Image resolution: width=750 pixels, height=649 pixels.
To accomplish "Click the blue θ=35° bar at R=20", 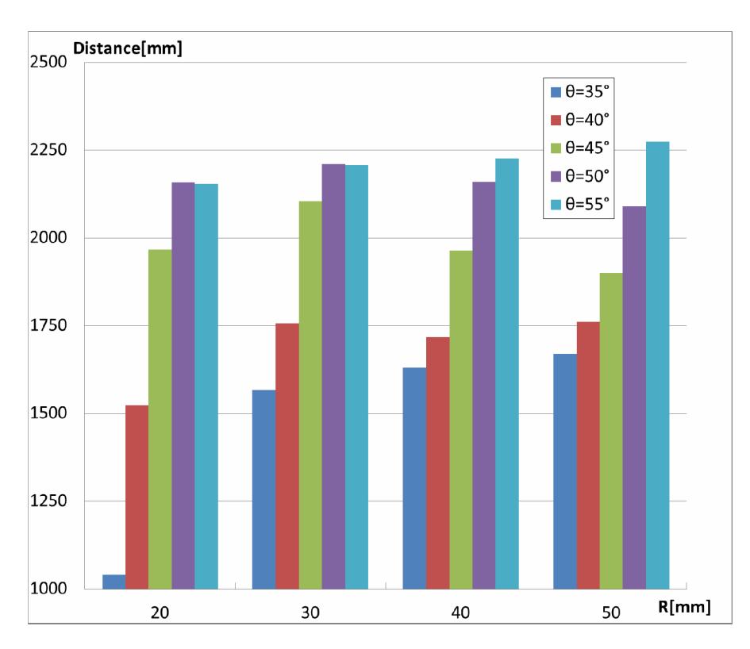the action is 113,582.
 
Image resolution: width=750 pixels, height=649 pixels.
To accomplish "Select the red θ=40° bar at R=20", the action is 137,497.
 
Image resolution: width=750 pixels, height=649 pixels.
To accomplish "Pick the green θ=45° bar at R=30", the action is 310,395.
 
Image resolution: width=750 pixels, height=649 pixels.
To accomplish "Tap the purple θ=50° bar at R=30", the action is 333,376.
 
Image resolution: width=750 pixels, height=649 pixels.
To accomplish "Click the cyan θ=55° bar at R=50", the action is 658,366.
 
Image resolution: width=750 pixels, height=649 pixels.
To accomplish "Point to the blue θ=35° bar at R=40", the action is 414,478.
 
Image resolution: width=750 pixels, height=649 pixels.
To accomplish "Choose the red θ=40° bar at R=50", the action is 588,455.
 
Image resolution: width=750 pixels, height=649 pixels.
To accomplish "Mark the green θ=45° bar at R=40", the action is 461,420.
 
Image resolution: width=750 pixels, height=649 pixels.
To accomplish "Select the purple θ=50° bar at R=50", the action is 634,397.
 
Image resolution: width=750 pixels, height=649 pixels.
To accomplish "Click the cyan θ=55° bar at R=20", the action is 206,386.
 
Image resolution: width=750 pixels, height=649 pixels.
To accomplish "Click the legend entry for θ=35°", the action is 579,91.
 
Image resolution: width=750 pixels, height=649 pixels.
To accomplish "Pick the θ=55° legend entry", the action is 579,204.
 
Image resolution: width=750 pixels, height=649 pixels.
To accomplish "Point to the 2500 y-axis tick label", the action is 48,62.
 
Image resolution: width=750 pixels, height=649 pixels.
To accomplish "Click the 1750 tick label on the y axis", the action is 48,326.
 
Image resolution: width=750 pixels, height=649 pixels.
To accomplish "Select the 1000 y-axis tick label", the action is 48,589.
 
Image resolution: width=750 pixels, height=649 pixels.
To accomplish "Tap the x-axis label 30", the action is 310,613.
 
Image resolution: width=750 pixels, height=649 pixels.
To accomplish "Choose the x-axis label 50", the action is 611,613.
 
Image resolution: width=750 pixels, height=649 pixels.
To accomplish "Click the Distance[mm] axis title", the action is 128,48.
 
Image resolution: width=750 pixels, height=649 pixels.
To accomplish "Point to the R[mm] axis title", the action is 684,608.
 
